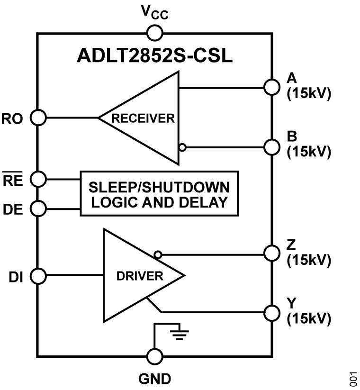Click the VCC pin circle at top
click(x=154, y=33)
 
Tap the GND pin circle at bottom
click(x=154, y=356)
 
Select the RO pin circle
click(x=37, y=117)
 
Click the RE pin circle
click(x=37, y=179)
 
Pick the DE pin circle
click(x=37, y=208)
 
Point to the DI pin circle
click(x=37, y=275)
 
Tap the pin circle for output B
click(x=271, y=147)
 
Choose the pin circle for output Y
click(x=271, y=312)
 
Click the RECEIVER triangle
click(x=147, y=118)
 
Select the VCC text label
click(x=154, y=13)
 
